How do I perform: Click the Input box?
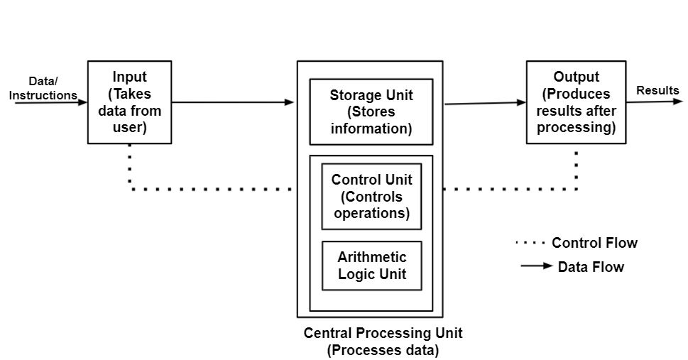pos(129,102)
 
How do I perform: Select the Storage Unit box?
pos(371,111)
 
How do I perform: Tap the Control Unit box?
pos(371,196)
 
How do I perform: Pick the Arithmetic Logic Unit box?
pos(371,266)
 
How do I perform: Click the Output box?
pos(576,102)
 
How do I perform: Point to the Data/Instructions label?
pos(43,89)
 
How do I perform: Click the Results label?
pos(657,90)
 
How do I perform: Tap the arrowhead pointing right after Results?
pos(677,102)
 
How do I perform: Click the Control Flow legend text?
pos(594,244)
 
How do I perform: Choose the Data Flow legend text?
pos(591,267)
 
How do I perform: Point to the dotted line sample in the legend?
pos(530,243)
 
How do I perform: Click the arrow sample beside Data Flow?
pos(537,266)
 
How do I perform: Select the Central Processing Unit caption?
pos(383,333)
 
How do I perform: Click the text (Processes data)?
pos(383,349)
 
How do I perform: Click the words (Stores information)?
pos(371,121)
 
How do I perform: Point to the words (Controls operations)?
pos(371,205)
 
